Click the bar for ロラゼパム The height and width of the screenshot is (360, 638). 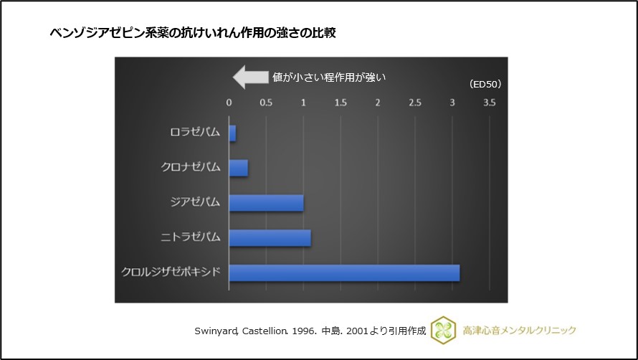232,133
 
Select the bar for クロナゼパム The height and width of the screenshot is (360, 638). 239,168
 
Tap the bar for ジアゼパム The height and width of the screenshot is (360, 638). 266,202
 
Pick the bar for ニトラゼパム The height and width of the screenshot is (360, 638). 270,237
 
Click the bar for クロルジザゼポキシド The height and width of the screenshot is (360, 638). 344,273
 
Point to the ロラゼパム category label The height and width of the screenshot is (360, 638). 195,133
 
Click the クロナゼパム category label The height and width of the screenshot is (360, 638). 191,168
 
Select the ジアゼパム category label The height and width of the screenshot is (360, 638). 195,202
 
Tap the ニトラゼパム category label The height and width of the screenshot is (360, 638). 191,237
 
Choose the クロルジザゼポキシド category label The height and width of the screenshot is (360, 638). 171,273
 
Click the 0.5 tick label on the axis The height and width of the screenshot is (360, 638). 266,103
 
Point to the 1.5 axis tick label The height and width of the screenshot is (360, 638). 341,103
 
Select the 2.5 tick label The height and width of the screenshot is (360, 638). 415,103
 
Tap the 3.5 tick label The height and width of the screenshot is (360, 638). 490,103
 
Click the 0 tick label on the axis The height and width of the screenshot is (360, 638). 229,103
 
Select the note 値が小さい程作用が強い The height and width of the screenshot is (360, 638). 329,77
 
